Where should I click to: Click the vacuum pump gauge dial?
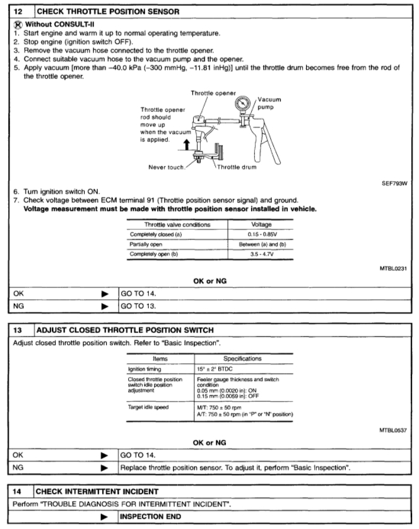point(243,104)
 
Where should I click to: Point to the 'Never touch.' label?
point(167,167)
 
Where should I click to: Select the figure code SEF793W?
point(395,185)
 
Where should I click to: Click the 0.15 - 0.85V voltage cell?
point(263,234)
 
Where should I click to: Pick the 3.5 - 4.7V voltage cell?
point(263,253)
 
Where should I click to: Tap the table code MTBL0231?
point(394,269)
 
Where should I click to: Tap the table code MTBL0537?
point(394,431)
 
